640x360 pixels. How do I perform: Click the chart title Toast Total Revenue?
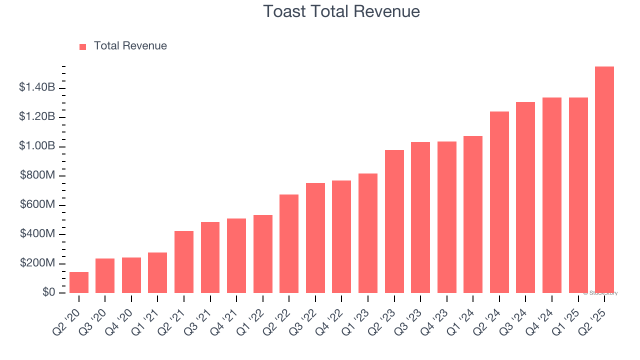341,11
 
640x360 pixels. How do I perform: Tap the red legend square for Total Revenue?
83,46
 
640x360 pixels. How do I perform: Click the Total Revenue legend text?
130,46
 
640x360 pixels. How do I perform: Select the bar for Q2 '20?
79,282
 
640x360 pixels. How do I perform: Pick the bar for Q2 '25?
604,180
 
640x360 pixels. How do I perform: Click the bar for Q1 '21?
157,272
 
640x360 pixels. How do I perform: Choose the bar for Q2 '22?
289,243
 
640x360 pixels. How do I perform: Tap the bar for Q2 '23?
394,221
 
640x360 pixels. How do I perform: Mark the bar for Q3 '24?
525,197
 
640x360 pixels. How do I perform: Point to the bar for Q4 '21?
236,255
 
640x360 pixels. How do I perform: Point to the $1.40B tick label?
37,87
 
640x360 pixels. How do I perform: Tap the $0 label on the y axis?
48,292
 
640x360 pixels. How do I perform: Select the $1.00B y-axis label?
37,146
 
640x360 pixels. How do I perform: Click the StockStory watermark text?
600,293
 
